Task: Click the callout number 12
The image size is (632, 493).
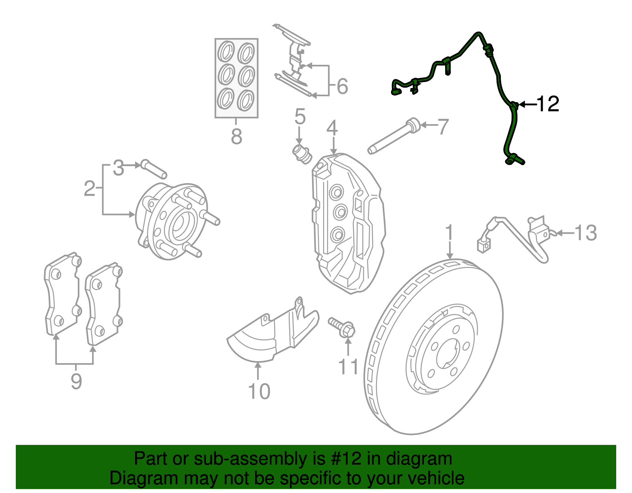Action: [x=548, y=104]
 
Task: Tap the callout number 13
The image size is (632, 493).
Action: [x=585, y=233]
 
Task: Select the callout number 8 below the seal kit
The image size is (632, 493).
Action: [x=236, y=137]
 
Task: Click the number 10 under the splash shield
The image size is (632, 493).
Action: [x=259, y=392]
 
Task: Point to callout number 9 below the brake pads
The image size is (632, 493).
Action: [x=76, y=381]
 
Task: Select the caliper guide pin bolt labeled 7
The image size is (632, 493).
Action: [x=393, y=137]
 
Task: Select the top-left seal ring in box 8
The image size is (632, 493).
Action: [x=226, y=52]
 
